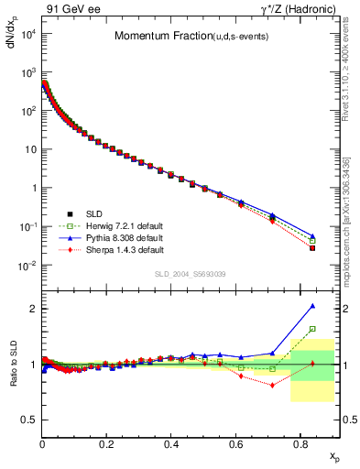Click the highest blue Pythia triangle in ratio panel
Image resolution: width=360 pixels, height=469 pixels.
312,306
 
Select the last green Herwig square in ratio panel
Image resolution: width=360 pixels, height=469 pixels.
312,329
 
